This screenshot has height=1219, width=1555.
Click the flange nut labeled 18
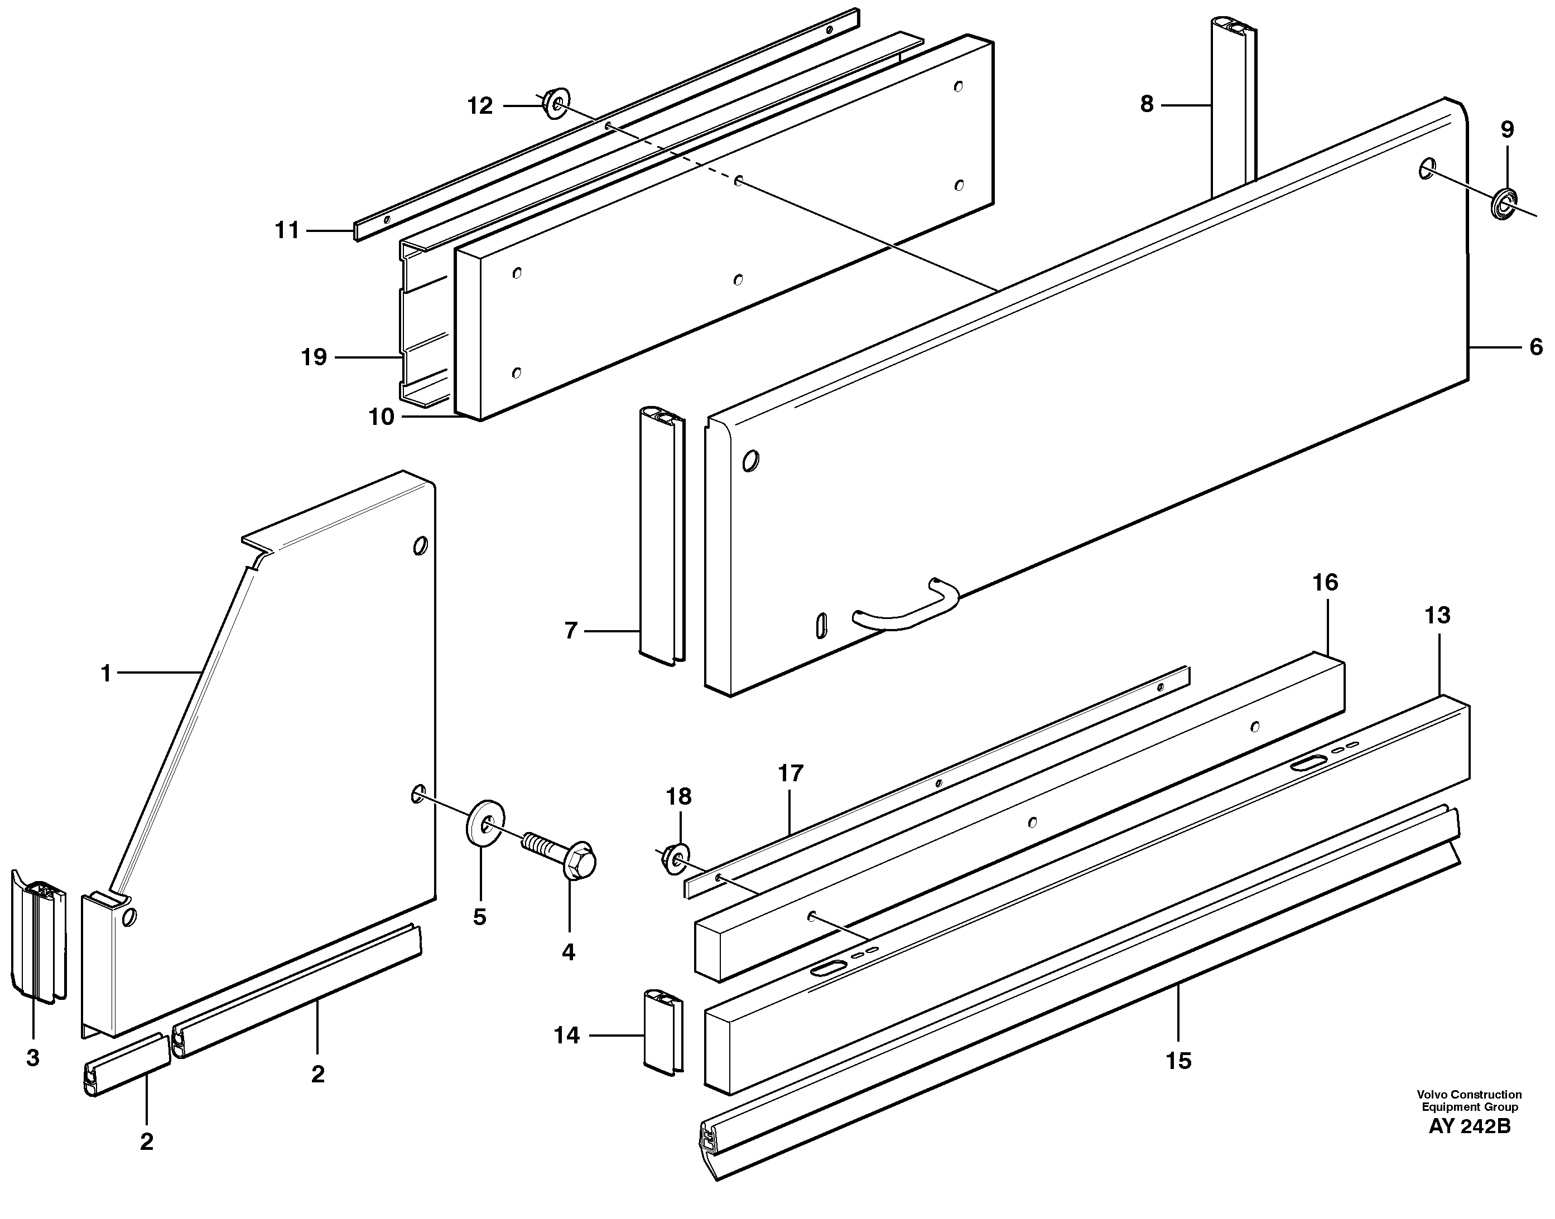point(676,857)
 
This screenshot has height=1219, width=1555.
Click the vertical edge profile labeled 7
point(661,535)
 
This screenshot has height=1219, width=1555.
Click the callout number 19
point(314,357)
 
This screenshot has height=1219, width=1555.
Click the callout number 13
point(1437,615)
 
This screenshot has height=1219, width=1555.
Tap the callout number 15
point(1179,1061)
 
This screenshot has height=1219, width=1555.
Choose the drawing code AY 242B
point(1469,1127)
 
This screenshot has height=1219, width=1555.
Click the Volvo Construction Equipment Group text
point(1469,1101)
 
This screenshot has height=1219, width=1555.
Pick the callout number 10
point(381,417)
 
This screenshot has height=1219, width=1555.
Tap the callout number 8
point(1147,105)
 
